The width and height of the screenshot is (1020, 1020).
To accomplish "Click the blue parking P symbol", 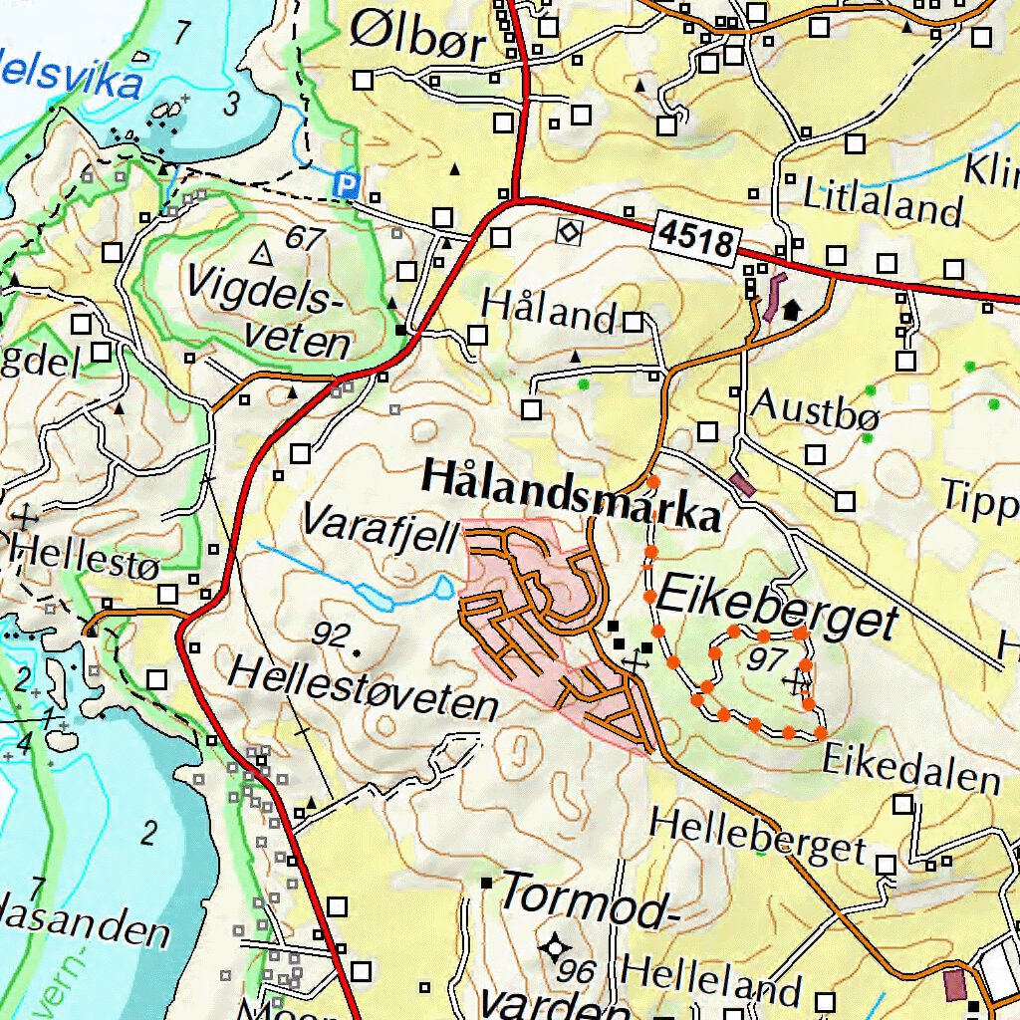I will (x=346, y=184).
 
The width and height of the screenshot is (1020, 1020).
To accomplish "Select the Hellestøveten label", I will (x=363, y=688).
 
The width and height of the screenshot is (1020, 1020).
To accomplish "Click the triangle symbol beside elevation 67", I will (x=262, y=254).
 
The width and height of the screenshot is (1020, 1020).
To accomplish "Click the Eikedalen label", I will (x=911, y=769).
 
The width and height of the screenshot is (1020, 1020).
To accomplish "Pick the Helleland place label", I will (x=711, y=978).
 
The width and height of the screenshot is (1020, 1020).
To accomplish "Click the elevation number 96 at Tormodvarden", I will (x=577, y=970).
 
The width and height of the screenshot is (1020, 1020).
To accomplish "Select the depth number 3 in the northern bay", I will (x=232, y=102).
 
